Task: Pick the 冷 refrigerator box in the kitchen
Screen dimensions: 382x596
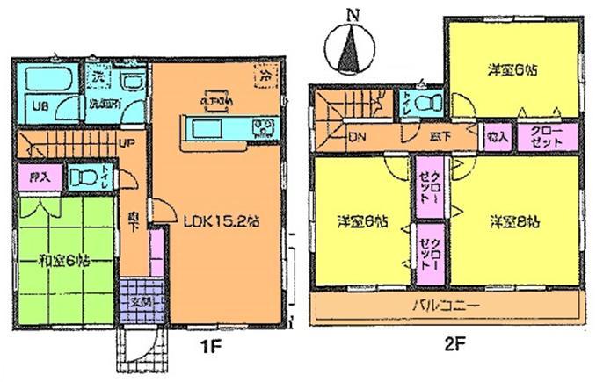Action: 265,76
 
